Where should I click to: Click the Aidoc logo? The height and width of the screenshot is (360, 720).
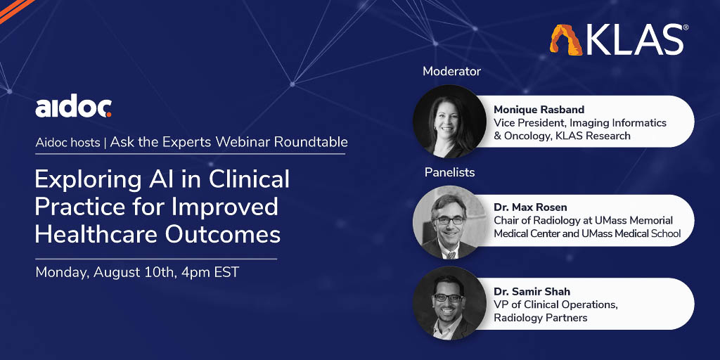[73, 108]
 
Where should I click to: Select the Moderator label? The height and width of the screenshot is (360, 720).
[451, 72]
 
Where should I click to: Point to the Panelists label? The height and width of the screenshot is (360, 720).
[449, 172]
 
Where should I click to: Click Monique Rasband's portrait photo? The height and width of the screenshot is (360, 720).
[449, 121]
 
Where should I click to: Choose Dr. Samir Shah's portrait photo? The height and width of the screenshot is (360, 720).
[449, 304]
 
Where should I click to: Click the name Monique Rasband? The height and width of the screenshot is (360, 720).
[540, 110]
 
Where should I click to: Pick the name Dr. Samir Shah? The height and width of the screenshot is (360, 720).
[532, 292]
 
